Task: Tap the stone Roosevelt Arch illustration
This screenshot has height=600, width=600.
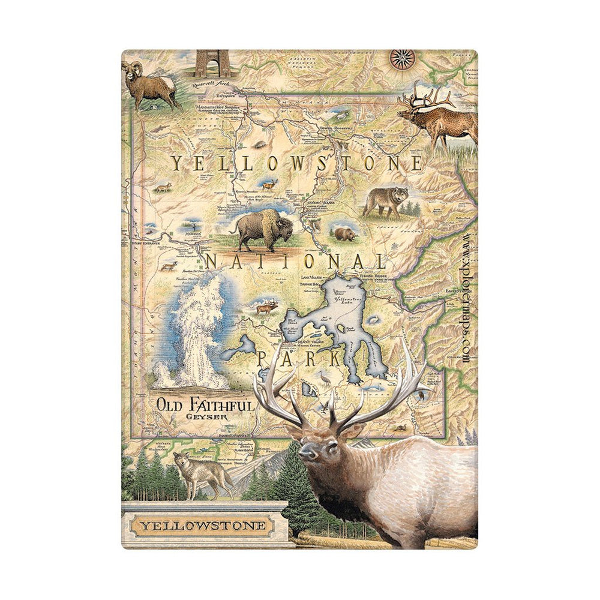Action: (212, 63)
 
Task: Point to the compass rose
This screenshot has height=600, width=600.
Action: (400, 58)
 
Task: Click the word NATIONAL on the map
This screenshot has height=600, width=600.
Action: (295, 262)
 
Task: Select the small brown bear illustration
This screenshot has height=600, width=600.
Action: (344, 233)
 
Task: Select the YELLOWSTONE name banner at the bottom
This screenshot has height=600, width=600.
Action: (203, 527)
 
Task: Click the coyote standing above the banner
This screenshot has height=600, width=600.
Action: (200, 474)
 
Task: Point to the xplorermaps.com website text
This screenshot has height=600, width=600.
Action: (467, 295)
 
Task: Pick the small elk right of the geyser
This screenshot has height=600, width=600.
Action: (265, 308)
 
